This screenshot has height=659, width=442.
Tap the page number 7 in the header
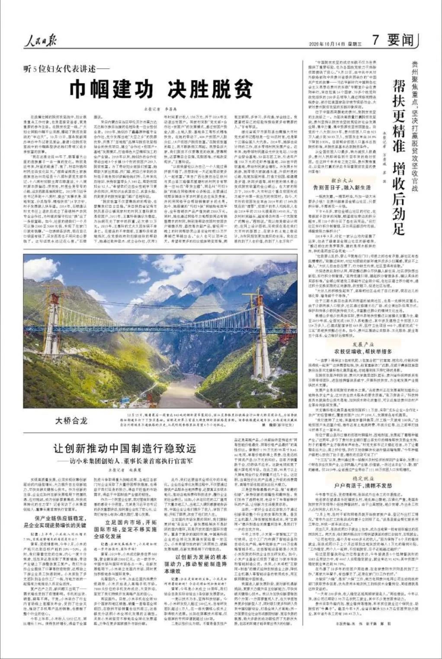(375, 41)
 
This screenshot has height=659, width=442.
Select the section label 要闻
(400, 41)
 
